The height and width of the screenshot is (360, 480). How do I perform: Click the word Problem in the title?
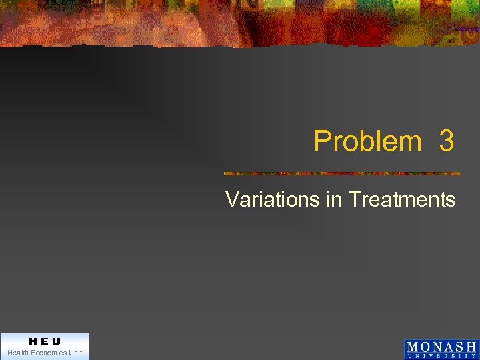[x=367, y=141]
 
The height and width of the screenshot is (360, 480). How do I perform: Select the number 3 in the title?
[x=447, y=141]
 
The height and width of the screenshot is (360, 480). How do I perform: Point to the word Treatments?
[x=402, y=199]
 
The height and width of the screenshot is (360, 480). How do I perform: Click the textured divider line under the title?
[x=341, y=174]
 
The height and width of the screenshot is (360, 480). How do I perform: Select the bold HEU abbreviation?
[x=45, y=342]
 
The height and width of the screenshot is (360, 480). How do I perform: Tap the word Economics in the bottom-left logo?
[x=49, y=353]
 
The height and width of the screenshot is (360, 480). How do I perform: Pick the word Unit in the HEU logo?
[x=75, y=353]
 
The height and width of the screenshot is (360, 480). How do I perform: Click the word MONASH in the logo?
[x=441, y=347]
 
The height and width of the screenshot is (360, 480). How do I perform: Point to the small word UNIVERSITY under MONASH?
[x=441, y=356]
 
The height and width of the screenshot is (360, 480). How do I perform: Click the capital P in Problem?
[x=322, y=141]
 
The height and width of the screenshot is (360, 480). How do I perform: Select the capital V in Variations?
[x=231, y=199]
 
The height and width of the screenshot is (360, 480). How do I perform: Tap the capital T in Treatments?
[x=355, y=199]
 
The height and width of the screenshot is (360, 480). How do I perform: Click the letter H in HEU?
[x=33, y=342]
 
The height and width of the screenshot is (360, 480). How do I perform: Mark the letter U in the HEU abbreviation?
[x=57, y=342]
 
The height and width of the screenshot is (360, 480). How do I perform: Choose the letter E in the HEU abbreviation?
[x=45, y=342]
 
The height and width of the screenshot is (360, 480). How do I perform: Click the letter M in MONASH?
[x=414, y=347]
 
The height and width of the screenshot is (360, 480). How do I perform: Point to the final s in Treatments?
[x=451, y=201]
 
